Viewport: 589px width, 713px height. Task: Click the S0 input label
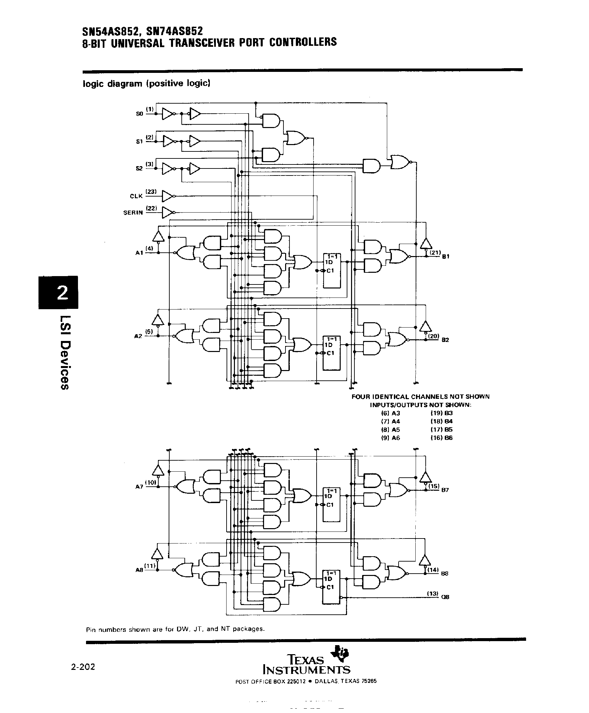point(139,114)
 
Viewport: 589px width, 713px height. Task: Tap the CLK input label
point(136,196)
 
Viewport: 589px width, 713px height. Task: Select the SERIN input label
point(133,213)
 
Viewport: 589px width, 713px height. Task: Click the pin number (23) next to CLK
point(151,192)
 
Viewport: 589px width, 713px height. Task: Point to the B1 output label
point(446,256)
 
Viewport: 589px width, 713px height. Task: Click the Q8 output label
point(445,597)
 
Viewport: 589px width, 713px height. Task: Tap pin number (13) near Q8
point(433,593)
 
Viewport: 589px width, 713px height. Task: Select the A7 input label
point(139,487)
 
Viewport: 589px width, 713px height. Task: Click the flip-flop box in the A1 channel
point(332,270)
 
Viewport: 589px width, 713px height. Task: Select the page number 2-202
point(83,667)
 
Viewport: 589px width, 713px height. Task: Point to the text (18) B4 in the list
point(441,421)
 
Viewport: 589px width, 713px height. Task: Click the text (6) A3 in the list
point(391,413)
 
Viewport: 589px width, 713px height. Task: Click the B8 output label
point(445,574)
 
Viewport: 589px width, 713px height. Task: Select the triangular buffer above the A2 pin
point(157,320)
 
